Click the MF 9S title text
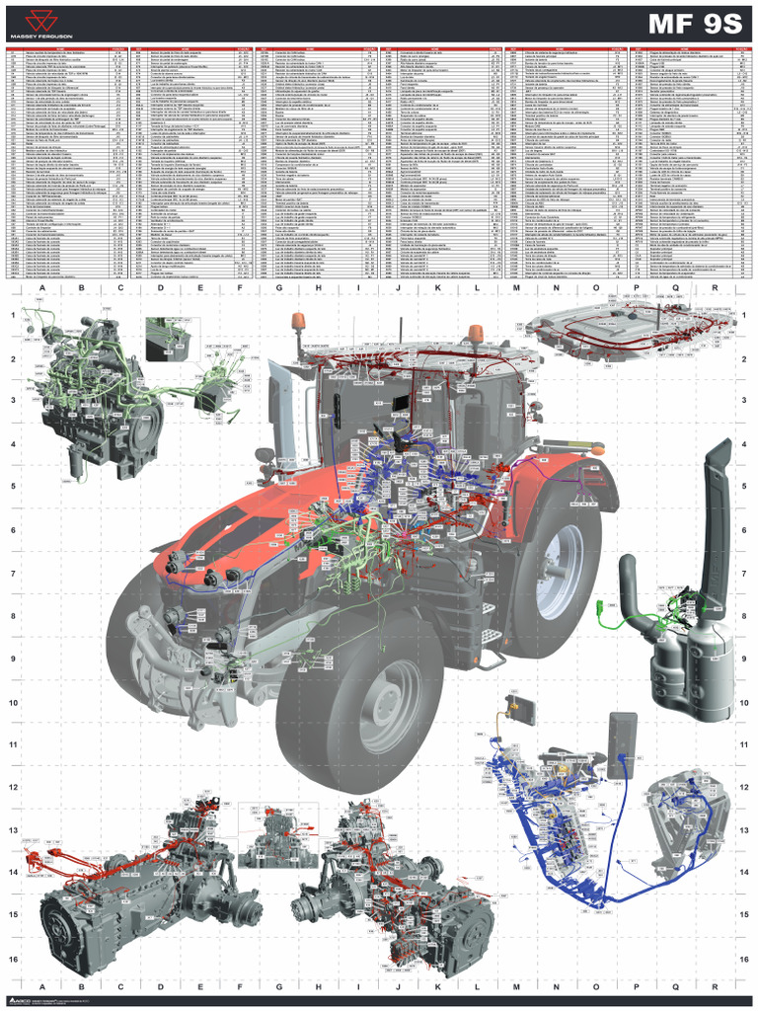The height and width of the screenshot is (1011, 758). pyautogui.click(x=694, y=25)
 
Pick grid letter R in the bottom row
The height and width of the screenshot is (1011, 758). pyautogui.click(x=714, y=985)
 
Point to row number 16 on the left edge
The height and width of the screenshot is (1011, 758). pyautogui.click(x=14, y=959)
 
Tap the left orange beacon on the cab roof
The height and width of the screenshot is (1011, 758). pyautogui.click(x=297, y=322)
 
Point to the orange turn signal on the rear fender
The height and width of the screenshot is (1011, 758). pyautogui.click(x=596, y=450)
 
